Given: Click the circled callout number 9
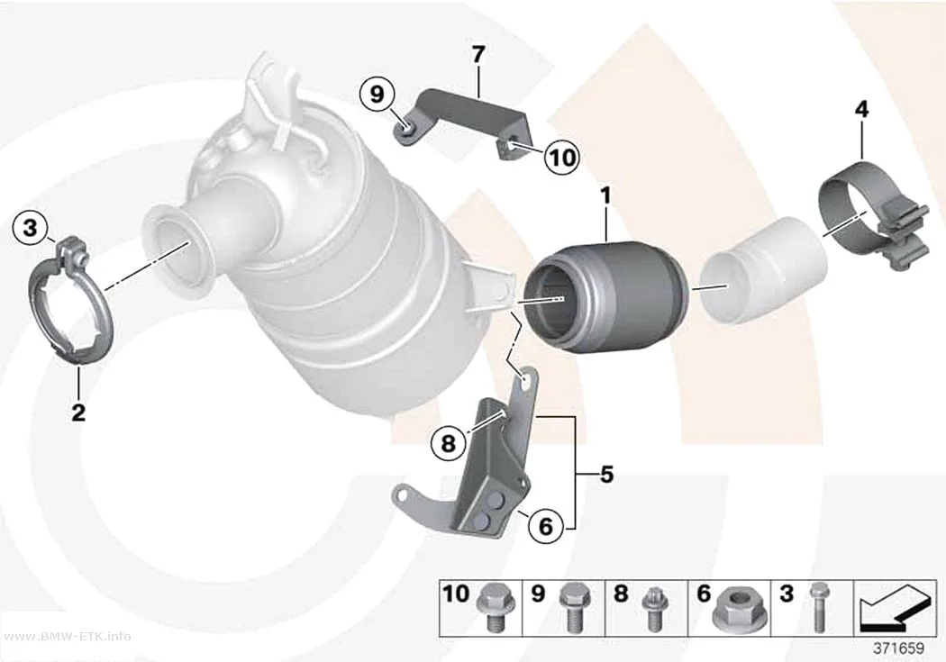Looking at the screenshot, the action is point(377,95).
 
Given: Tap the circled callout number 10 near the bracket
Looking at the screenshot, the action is point(561,157).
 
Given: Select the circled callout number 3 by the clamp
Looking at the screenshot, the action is point(30,228).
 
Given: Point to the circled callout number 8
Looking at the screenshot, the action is point(448,444).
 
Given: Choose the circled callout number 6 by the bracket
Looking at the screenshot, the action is point(545,526).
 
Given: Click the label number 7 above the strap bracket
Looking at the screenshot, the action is point(478,56).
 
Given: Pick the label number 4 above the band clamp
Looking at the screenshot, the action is point(862,110).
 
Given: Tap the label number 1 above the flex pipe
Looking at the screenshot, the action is point(605,196).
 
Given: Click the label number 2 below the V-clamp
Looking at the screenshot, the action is point(78,413).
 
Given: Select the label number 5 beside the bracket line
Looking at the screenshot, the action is point(606,475).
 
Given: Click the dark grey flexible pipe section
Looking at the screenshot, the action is point(605,297).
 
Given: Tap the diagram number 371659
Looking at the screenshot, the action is point(899,648).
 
